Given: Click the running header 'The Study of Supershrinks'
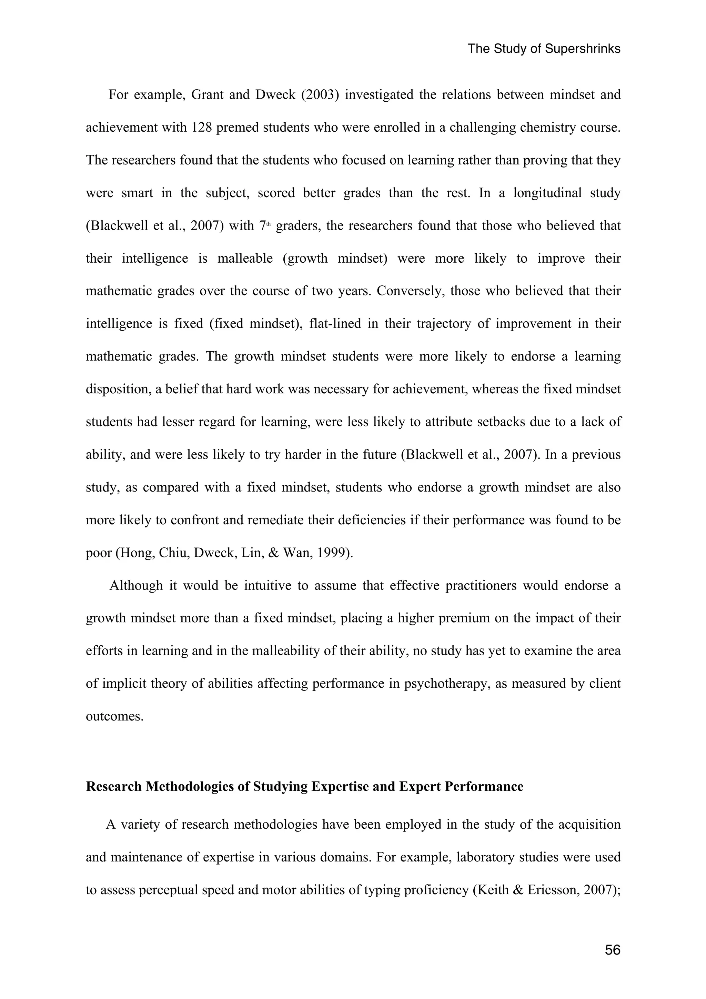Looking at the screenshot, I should (x=544, y=49).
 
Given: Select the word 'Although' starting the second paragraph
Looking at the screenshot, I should (x=136, y=586).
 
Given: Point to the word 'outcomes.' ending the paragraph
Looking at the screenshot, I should (x=114, y=716).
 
